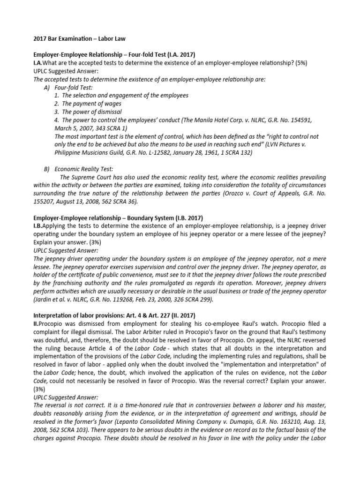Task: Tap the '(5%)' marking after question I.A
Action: click(x=298, y=63)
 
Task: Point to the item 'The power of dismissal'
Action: click(x=91, y=112)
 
